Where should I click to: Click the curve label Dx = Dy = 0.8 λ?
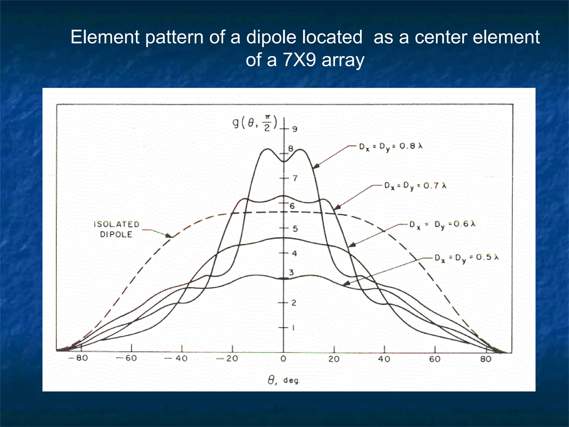click(391, 146)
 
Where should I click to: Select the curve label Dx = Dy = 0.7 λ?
click(415, 186)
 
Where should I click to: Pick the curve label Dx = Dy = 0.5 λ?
click(467, 258)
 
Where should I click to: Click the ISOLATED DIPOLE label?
click(116, 229)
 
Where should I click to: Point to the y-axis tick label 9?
click(295, 129)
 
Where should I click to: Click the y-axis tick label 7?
click(295, 178)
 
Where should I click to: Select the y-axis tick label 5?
click(295, 229)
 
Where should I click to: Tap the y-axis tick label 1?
click(293, 328)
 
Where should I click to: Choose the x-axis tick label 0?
click(283, 359)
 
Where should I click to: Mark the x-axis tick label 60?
click(435, 359)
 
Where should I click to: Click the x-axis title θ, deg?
click(284, 380)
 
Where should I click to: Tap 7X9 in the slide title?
click(299, 60)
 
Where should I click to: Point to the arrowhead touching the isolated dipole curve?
click(168, 236)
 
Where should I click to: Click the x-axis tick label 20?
click(334, 359)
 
